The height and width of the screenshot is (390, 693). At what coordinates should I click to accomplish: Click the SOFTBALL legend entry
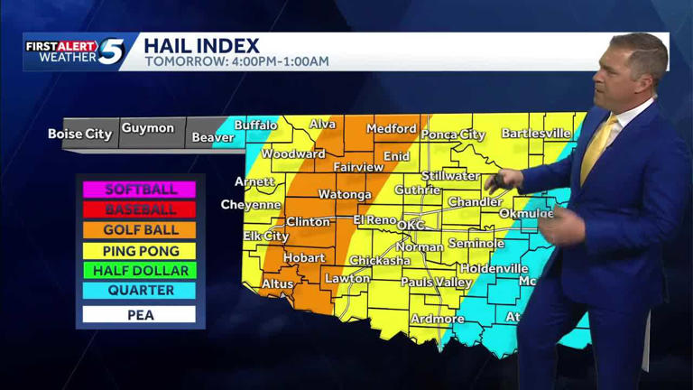(x=140, y=190)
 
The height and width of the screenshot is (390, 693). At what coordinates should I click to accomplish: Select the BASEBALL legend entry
(x=140, y=209)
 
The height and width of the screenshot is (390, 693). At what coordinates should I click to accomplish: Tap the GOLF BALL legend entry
(x=140, y=230)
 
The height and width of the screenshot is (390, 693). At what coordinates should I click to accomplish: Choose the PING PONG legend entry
(x=140, y=251)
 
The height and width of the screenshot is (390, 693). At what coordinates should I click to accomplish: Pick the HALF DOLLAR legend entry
(x=140, y=271)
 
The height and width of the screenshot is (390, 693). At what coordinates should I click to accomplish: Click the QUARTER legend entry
(x=140, y=291)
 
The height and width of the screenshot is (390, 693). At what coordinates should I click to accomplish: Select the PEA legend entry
(x=140, y=315)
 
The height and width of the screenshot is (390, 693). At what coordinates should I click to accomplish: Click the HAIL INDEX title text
(x=201, y=45)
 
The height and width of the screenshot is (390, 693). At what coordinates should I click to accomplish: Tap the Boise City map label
(x=80, y=134)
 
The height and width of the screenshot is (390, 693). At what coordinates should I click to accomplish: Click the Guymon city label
(x=148, y=128)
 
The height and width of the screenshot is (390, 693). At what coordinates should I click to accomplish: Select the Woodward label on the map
(x=293, y=154)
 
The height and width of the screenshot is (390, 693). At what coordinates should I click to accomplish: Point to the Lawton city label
(x=347, y=279)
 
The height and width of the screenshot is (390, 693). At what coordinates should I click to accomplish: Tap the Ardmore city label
(x=438, y=319)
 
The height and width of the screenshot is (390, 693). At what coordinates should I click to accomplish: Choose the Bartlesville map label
(x=536, y=134)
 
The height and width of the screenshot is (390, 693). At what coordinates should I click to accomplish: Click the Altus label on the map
(x=277, y=284)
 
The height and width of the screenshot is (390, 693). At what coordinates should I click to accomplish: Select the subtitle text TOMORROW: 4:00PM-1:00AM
(x=236, y=62)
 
